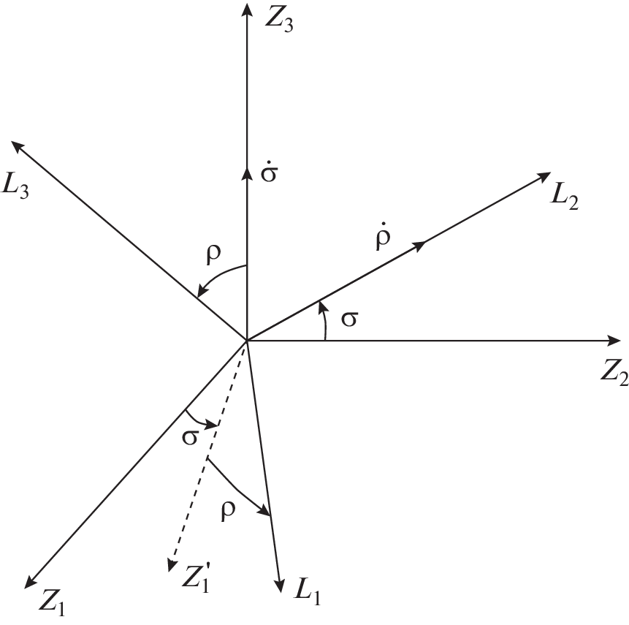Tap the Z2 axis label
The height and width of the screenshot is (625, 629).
(614, 376)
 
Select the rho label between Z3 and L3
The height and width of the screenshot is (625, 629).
(213, 254)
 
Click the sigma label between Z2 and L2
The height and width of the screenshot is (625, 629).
(349, 319)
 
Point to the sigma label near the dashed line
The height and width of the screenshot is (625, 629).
(190, 437)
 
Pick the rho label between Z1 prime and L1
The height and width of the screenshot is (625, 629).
(228, 510)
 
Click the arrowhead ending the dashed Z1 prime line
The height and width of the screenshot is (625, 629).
(172, 564)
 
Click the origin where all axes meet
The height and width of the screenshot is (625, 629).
(247, 341)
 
